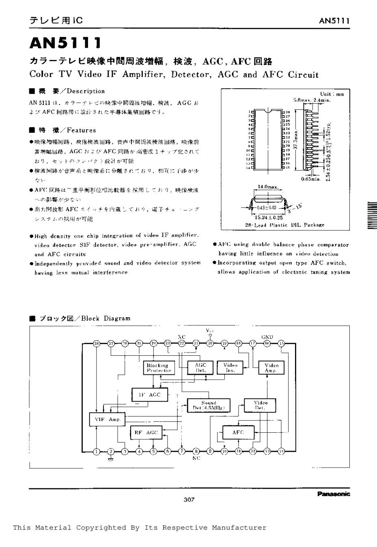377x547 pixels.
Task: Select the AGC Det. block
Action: coord(200,368)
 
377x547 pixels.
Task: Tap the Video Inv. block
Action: coord(230,367)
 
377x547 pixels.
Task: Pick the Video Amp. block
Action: coord(271,368)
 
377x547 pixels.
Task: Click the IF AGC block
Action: coord(150,395)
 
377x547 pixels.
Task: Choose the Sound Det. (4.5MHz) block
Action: coord(209,405)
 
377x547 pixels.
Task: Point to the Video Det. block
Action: coord(260,405)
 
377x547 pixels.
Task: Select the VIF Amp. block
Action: coord(108,419)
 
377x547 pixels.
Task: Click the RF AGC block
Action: coord(146,433)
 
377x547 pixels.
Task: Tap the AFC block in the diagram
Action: coord(238,432)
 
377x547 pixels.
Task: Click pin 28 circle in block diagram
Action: coord(97,344)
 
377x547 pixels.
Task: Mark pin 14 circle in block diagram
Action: coord(281,451)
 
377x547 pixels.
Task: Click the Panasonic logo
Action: coord(333,494)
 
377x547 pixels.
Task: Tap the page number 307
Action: coord(189,500)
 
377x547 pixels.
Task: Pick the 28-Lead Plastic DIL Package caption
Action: coord(285,224)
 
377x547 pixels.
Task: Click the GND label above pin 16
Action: coord(267,337)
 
